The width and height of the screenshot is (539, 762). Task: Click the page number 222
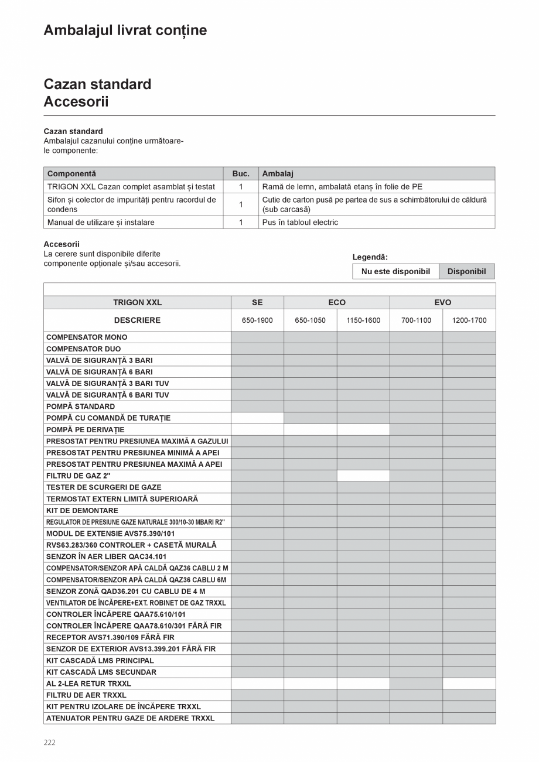[49, 742]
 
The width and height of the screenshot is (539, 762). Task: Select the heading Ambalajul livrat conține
[125, 30]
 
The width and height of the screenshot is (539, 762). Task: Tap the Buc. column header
[241, 174]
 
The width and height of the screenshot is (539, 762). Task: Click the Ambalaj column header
[278, 174]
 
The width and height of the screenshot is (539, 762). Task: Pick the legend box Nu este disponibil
[395, 271]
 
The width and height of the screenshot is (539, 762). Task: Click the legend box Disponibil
[466, 271]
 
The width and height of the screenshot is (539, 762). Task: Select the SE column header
[257, 302]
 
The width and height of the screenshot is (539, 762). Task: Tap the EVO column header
[442, 302]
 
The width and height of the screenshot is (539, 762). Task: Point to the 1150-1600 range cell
[363, 320]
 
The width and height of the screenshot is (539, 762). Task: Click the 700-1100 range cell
[416, 320]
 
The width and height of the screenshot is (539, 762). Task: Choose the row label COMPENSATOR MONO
[87, 337]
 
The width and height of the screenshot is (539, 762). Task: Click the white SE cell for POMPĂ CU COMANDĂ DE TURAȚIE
[257, 418]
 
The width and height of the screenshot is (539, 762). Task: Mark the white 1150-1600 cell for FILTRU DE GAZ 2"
[363, 476]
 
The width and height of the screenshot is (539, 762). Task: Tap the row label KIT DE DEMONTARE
[82, 510]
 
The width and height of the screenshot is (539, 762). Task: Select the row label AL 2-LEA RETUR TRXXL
[88, 684]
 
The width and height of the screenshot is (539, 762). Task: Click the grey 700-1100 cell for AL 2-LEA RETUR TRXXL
[416, 684]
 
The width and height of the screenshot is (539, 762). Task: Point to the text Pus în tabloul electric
[300, 223]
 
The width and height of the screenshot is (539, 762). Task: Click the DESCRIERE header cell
[137, 320]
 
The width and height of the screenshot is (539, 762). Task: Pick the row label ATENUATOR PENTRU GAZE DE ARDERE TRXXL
[130, 718]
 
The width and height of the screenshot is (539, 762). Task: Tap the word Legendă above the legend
[370, 257]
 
